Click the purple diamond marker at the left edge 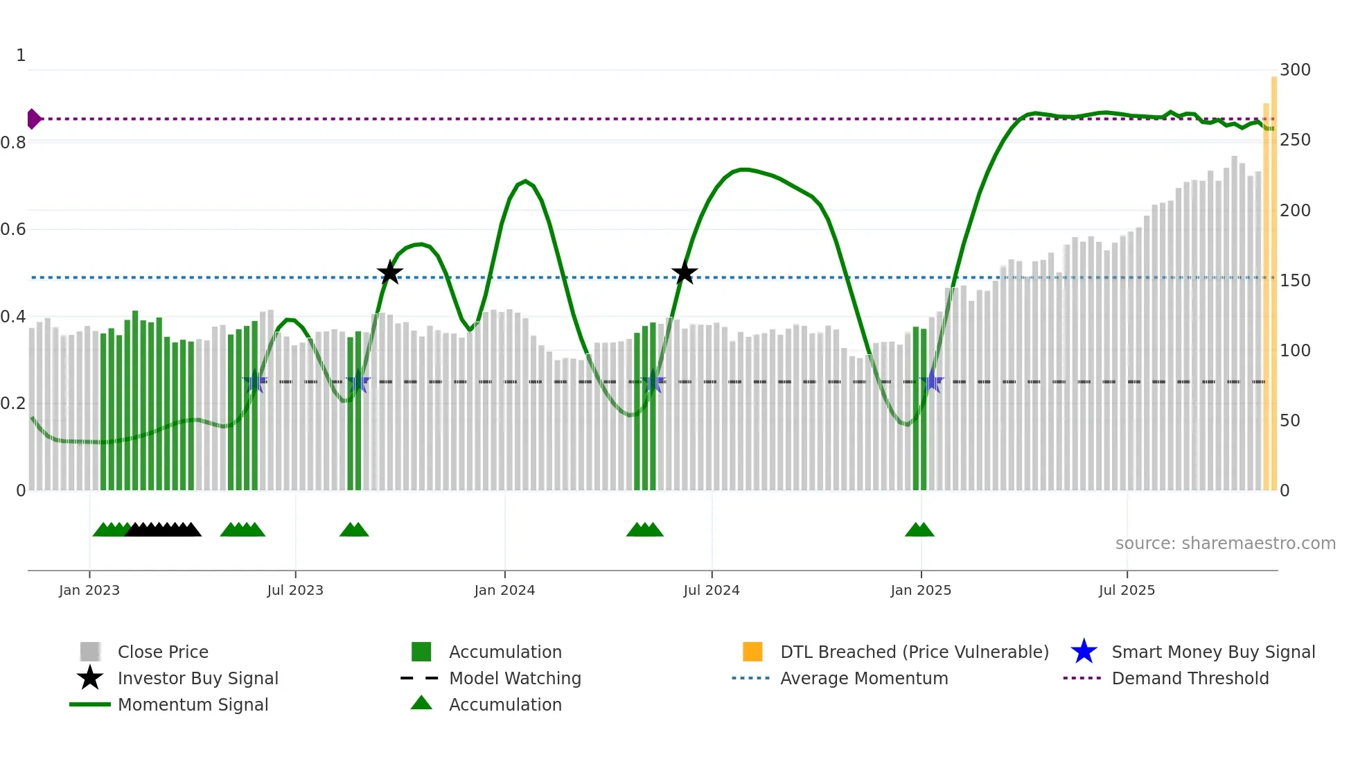tap(33, 119)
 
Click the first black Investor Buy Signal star tap(390, 273)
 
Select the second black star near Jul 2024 tap(685, 273)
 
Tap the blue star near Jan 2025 tap(933, 381)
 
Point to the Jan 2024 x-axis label tap(504, 590)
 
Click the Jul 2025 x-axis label tap(1127, 590)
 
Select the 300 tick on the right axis tap(1294, 70)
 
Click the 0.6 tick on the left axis tap(13, 229)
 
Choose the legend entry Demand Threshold tap(1190, 679)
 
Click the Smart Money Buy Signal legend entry tap(1212, 652)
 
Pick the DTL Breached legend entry tap(914, 652)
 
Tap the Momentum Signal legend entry tap(193, 705)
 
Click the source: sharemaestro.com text tap(1225, 544)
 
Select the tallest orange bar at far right tap(1273, 277)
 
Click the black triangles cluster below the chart tap(164, 530)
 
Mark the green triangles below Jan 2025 tap(919, 530)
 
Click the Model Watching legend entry tap(514, 679)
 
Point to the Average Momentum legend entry tap(863, 679)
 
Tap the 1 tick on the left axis tap(21, 55)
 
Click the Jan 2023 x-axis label tap(89, 590)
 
